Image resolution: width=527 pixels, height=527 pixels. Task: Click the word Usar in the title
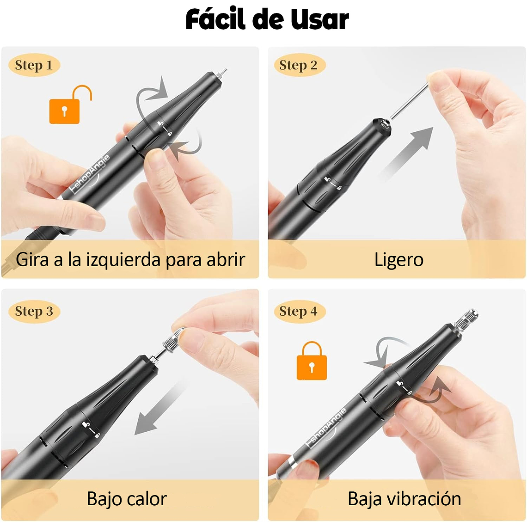pyautogui.click(x=319, y=20)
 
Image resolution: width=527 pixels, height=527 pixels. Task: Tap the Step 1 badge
pyautogui.click(x=34, y=65)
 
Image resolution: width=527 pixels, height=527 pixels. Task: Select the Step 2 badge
pyautogui.click(x=298, y=65)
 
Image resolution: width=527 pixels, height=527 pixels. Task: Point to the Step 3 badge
pyautogui.click(x=34, y=311)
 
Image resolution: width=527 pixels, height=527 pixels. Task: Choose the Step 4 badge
pyautogui.click(x=298, y=311)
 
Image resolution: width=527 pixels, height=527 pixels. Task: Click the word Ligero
pyautogui.click(x=398, y=260)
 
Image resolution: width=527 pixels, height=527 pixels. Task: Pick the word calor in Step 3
pyautogui.click(x=147, y=499)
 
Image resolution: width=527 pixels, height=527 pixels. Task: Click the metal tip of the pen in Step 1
pyautogui.click(x=221, y=74)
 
